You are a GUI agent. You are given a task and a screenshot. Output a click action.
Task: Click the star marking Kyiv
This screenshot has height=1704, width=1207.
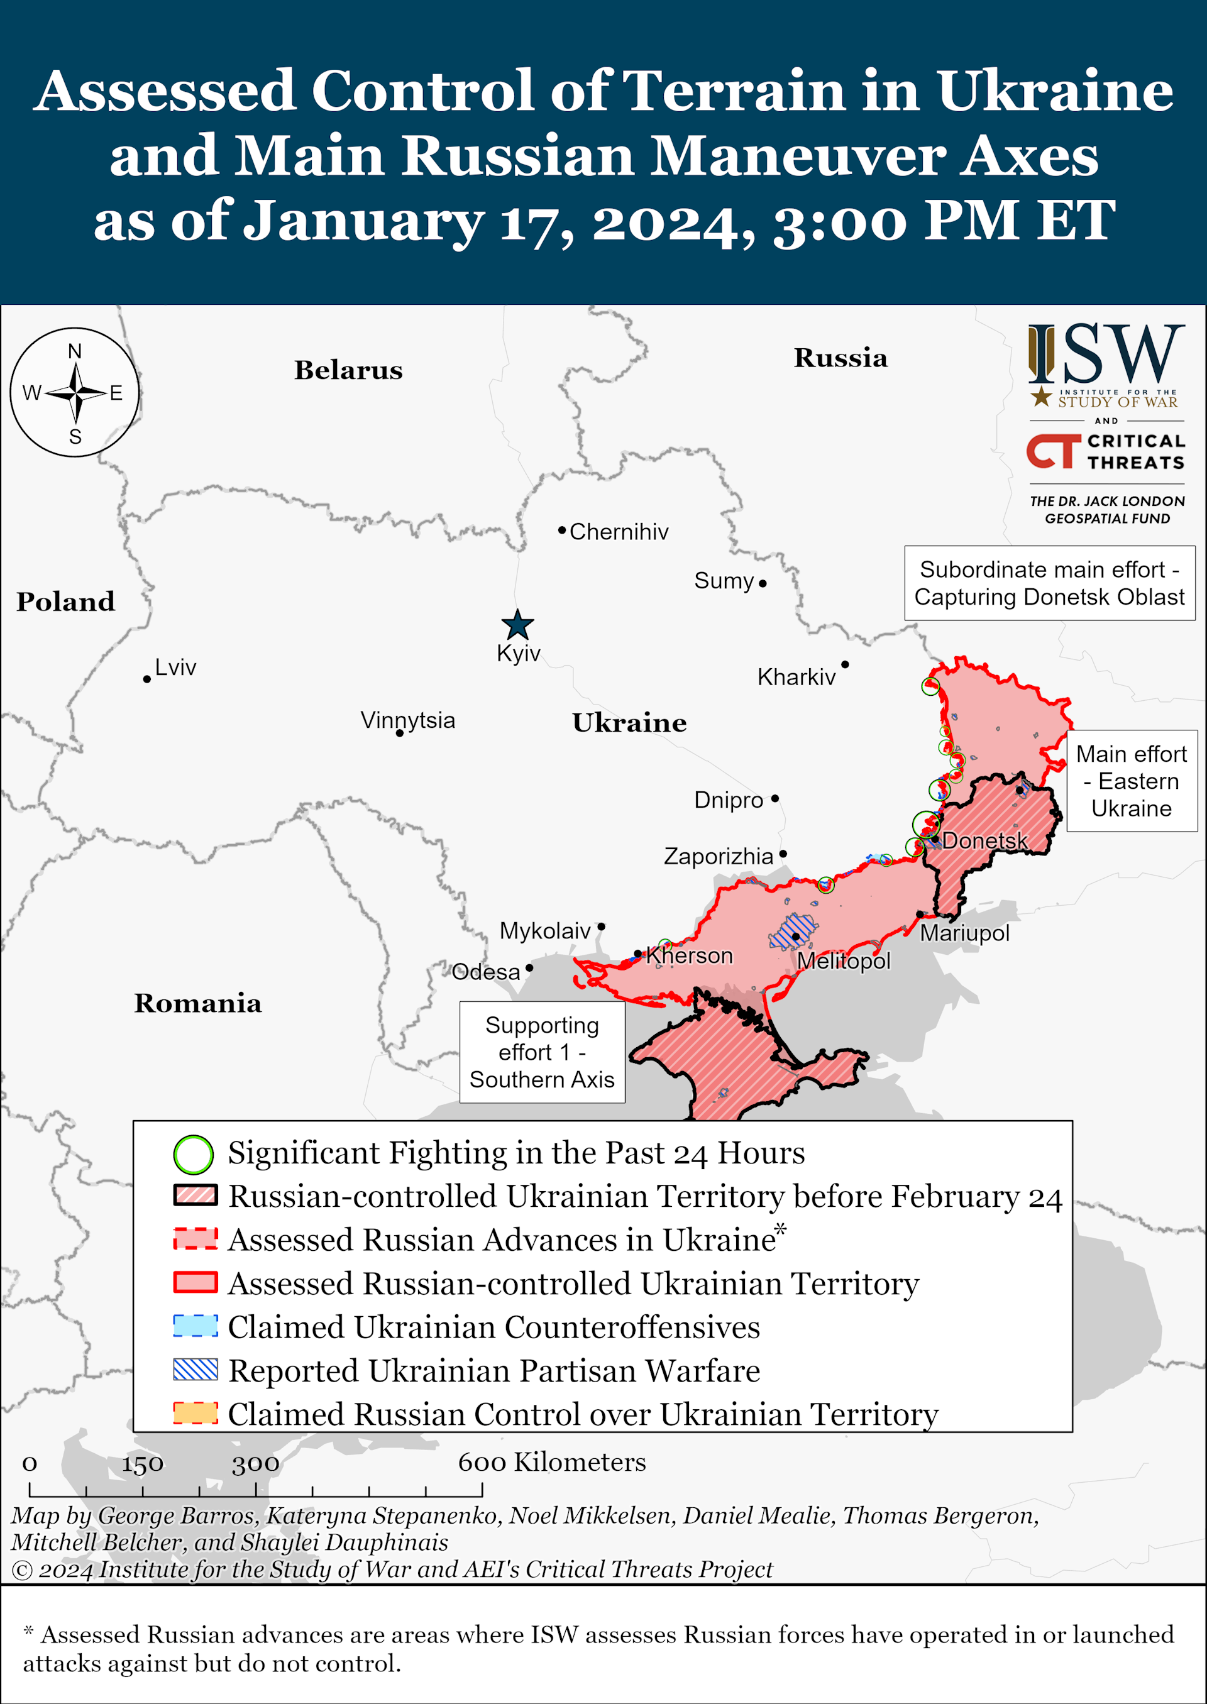coord(517,625)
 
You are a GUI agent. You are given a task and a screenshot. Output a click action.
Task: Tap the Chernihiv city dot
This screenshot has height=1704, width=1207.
coord(562,530)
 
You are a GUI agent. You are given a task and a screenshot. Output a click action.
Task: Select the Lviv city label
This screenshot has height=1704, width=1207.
coord(175,667)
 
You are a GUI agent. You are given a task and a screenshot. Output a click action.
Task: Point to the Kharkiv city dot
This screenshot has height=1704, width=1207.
coord(845,664)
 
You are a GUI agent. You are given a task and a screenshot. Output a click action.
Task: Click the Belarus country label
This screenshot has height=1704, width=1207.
coord(348,370)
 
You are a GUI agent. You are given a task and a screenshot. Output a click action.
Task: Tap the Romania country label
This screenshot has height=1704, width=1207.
coord(197,1003)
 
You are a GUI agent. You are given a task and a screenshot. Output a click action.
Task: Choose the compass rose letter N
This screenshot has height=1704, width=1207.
coord(75,351)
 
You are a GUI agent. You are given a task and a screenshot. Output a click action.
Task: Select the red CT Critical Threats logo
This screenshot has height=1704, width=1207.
coord(1052,451)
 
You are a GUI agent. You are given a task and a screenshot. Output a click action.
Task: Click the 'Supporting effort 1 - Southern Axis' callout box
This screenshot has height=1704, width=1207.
coord(542,1052)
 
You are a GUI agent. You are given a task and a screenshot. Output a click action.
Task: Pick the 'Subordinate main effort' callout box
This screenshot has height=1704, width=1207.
coord(1049,583)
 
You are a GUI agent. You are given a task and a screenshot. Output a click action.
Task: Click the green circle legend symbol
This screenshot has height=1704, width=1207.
coord(193,1154)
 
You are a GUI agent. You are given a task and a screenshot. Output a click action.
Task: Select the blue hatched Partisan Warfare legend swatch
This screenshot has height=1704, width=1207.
coord(196,1370)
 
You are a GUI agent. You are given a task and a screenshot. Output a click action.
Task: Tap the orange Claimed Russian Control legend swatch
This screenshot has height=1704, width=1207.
coord(196,1413)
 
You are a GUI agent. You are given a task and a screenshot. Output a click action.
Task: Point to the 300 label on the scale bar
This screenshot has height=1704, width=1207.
coord(255,1464)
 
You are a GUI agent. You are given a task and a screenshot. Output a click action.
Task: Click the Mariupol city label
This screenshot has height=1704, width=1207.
coord(965,933)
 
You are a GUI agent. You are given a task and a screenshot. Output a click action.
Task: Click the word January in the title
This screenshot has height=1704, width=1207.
coord(364,221)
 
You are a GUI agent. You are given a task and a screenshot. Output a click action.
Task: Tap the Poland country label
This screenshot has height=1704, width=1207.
coord(65,601)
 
